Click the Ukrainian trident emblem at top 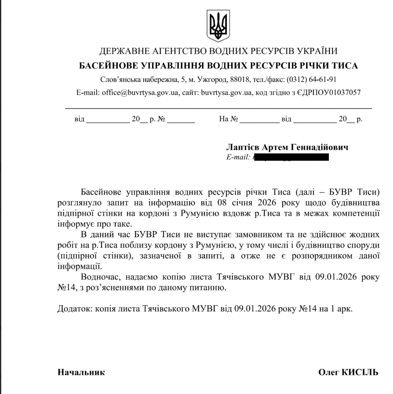pos(218,26)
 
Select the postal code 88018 pos(239,80)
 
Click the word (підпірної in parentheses pos(77,255)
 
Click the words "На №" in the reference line pos(228,119)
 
